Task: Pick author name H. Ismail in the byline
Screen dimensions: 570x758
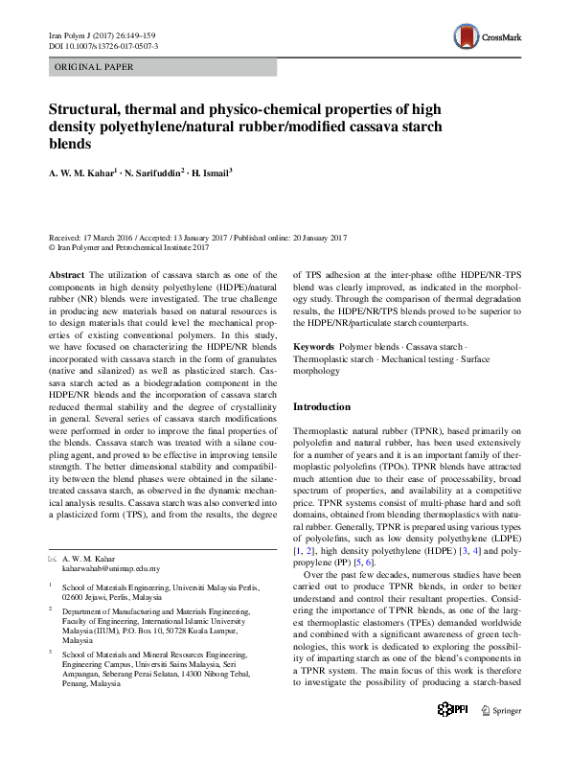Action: click(x=217, y=173)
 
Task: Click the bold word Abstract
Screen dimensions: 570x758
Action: click(x=65, y=274)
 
